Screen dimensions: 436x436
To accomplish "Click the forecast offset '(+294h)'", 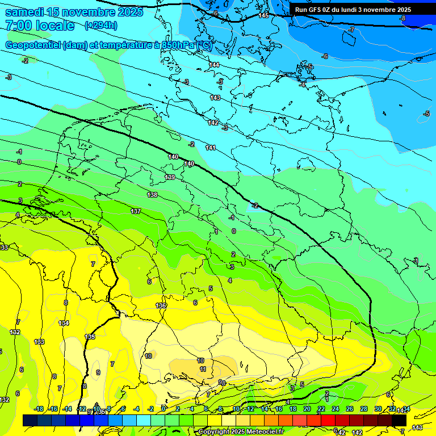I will (100, 26).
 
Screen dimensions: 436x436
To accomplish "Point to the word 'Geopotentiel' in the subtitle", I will (33, 45).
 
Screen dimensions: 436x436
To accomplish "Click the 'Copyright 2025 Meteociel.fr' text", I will (241, 431).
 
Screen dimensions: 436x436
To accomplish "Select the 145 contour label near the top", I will (263, 15).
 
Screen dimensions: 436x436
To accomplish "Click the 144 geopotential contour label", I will (214, 65).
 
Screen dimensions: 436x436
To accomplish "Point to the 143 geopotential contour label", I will (215, 98).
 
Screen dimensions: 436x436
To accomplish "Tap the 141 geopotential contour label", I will (211, 148).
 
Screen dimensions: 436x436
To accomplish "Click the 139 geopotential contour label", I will (170, 177).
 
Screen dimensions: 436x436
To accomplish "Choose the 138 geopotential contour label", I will (152, 195).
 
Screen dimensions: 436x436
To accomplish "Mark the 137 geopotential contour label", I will (136, 211).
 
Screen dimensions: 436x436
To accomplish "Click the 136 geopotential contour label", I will (161, 305).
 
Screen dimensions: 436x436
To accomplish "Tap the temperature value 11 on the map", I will (203, 369).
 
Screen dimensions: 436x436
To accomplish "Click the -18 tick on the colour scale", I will (39, 409).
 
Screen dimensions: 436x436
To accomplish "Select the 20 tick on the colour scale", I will (307, 409).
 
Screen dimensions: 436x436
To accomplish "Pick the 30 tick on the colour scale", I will (378, 409).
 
